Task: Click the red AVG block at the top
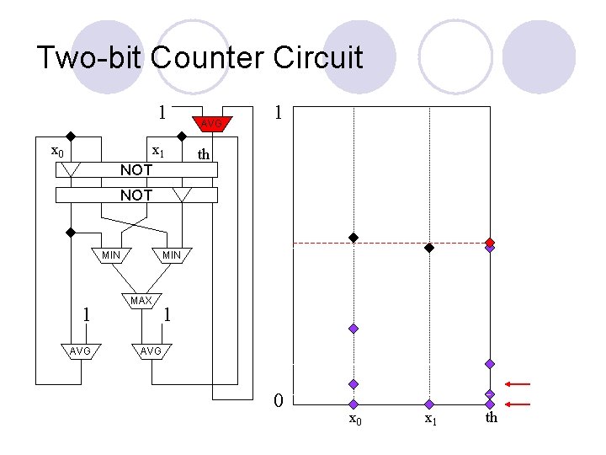tap(210, 124)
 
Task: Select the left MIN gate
tap(110, 254)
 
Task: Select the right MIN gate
tap(171, 254)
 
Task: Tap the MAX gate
tap(141, 301)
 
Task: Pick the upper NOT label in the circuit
tap(136, 170)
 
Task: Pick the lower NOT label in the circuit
tap(136, 195)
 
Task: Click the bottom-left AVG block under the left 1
tap(80, 351)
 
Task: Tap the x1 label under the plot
tap(430, 419)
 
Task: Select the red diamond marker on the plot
tap(490, 242)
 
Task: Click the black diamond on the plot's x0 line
tap(354, 238)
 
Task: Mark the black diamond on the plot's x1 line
tap(428, 248)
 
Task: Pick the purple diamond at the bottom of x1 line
tap(429, 404)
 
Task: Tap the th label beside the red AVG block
tap(203, 154)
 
